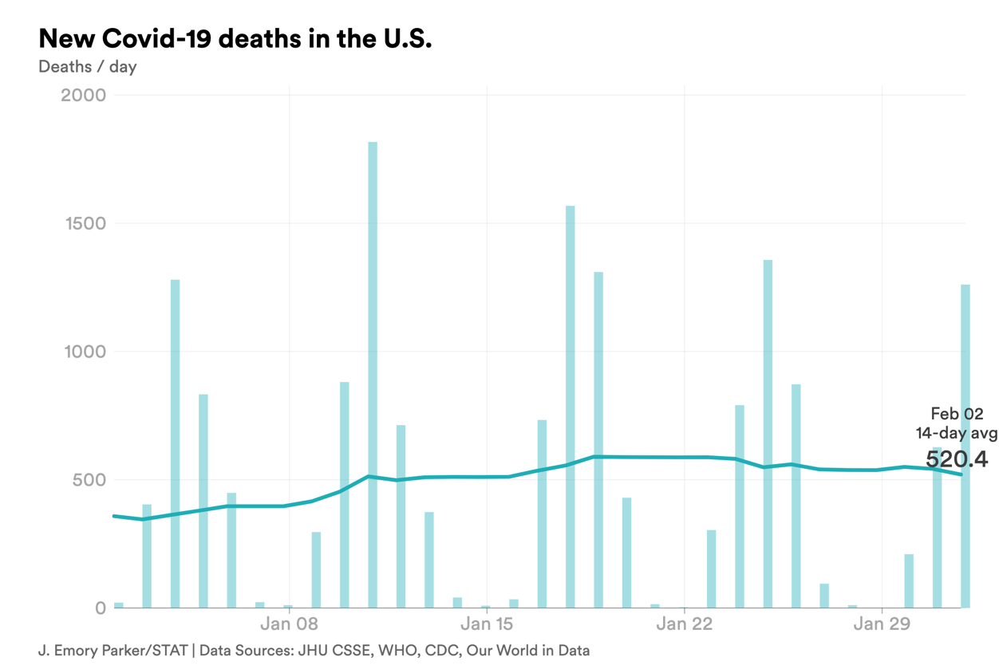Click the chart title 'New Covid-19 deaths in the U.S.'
(235, 38)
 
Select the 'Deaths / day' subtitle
(87, 67)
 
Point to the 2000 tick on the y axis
(83, 95)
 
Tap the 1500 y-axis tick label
(83, 223)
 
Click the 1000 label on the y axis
(83, 352)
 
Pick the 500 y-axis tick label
(88, 480)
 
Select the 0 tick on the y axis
(100, 608)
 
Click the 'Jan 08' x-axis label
(289, 624)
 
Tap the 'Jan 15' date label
(487, 624)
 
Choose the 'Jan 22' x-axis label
(684, 624)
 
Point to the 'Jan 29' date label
(881, 624)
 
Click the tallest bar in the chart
(373, 375)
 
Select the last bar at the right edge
(965, 447)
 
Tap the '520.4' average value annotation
(957, 459)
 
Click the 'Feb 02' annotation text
(957, 414)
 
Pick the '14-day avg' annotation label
(956, 434)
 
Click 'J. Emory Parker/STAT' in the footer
(113, 650)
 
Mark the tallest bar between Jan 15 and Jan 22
(571, 407)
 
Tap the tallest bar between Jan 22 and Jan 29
(768, 435)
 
